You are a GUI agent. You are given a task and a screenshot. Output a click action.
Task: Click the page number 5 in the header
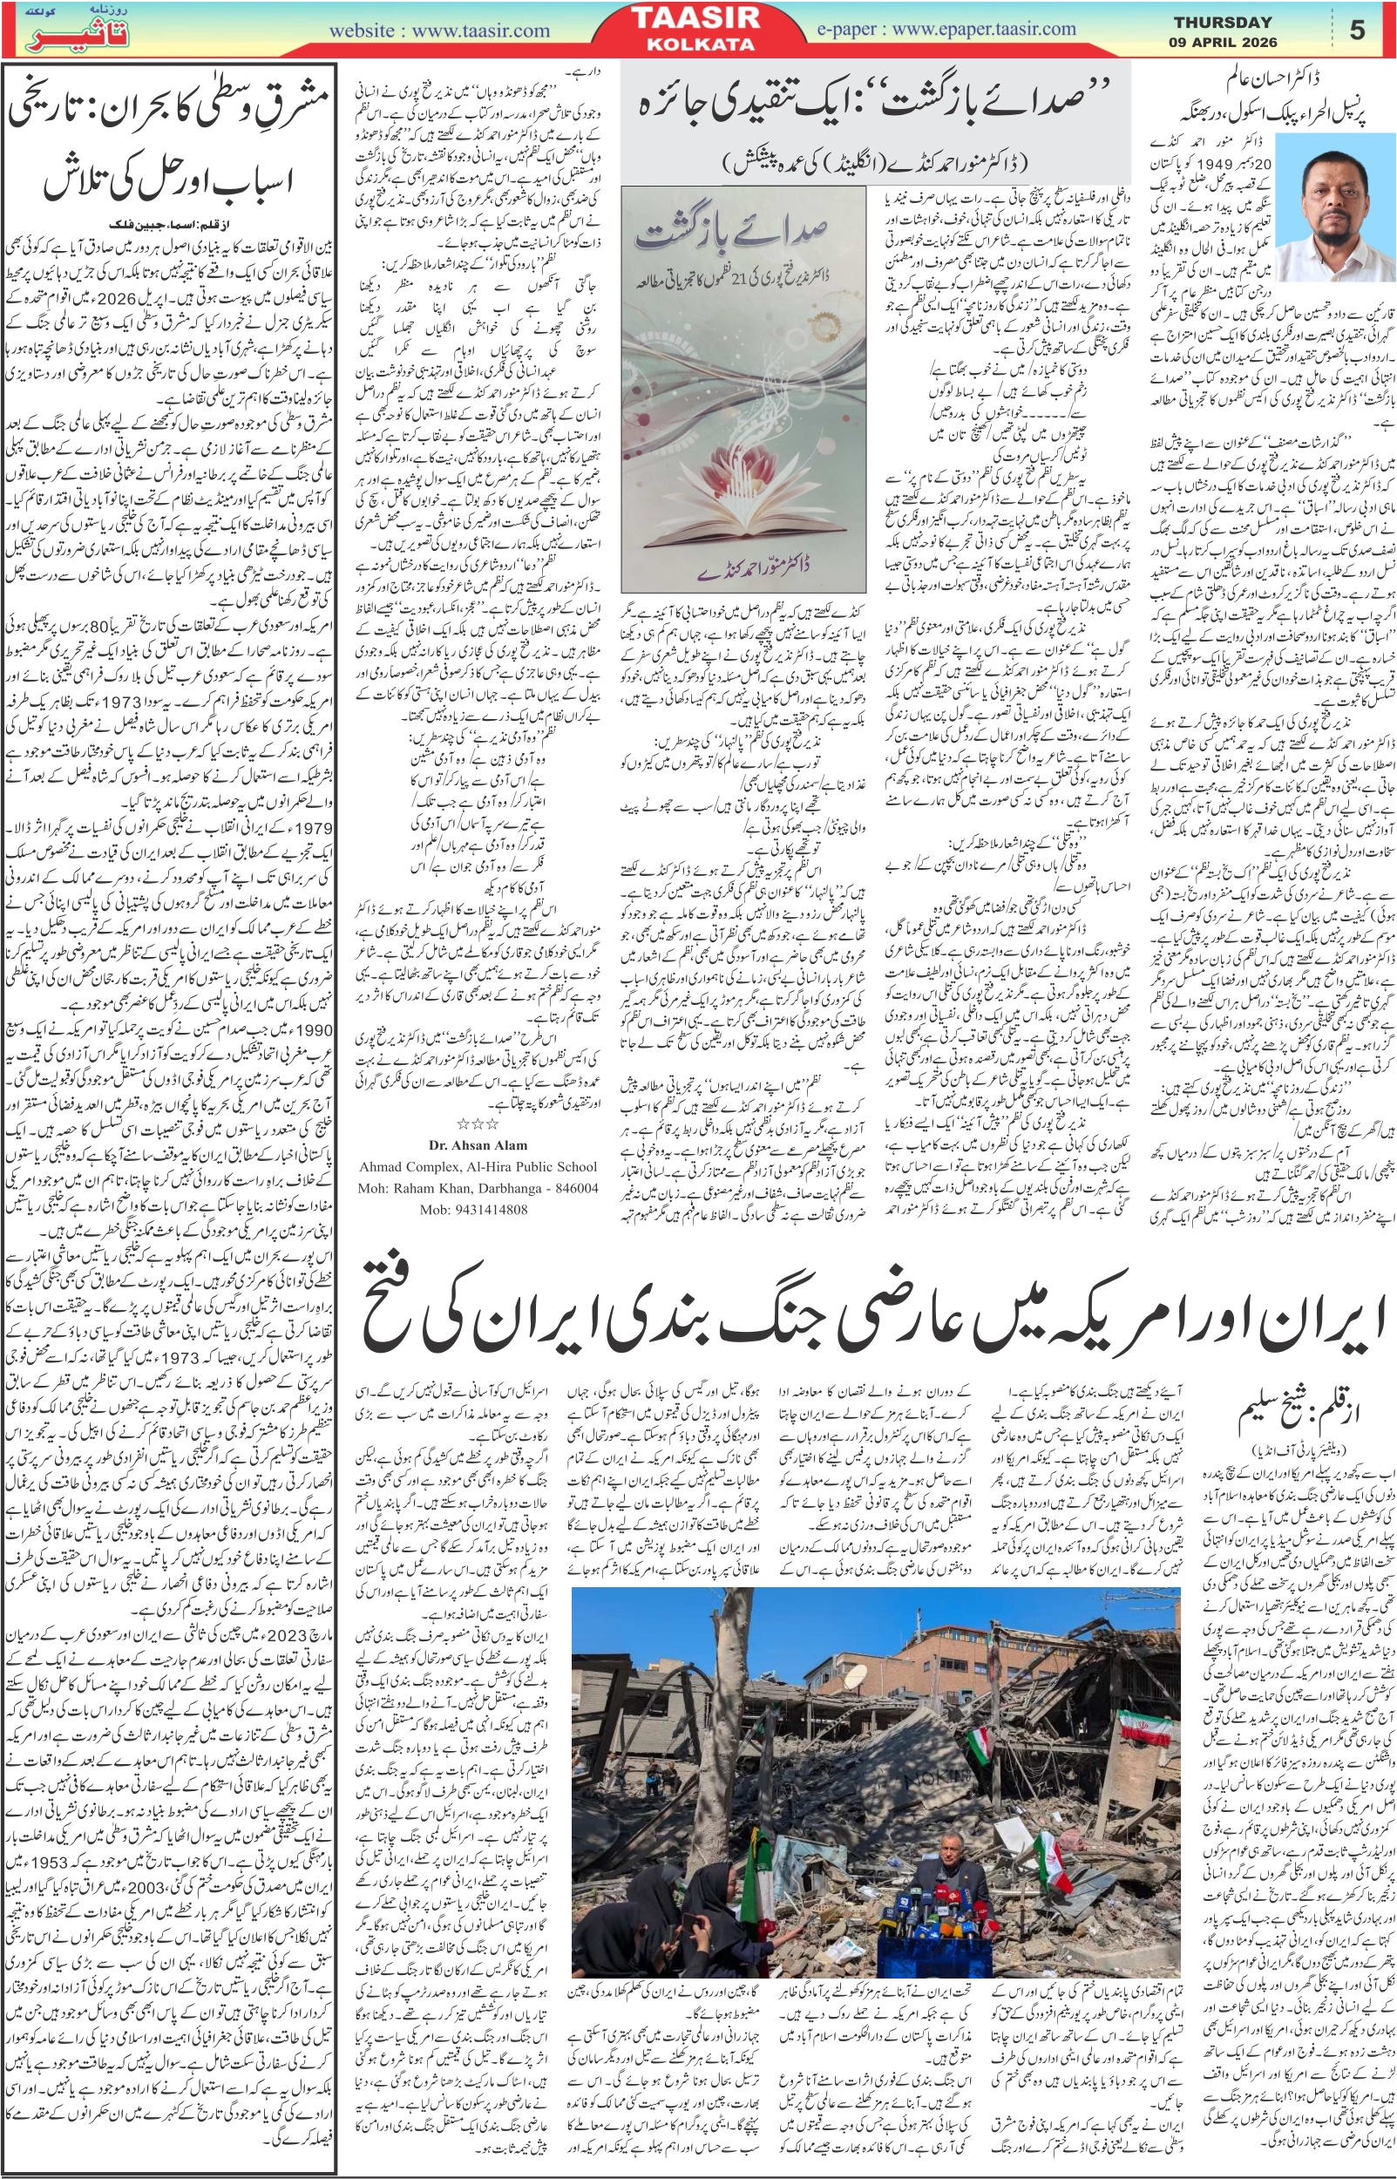click(1357, 31)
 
